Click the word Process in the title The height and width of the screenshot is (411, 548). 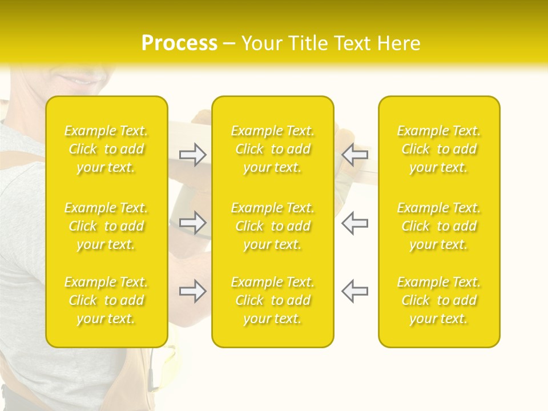pyautogui.click(x=179, y=43)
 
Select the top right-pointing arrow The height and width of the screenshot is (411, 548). pyautogui.click(x=193, y=155)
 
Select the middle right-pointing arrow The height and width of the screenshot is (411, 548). pyautogui.click(x=193, y=223)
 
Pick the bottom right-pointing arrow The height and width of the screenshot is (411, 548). pyautogui.click(x=193, y=291)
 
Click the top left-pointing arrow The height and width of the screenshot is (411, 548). pyautogui.click(x=355, y=155)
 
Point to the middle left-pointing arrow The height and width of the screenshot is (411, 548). pyautogui.click(x=355, y=223)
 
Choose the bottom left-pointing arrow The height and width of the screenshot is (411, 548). pyautogui.click(x=355, y=291)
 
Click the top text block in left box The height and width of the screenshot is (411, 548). pyautogui.click(x=106, y=149)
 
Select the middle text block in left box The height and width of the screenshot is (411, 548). pyautogui.click(x=106, y=226)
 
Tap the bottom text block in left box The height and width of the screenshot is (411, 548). pyautogui.click(x=106, y=300)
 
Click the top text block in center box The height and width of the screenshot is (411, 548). pyautogui.click(x=273, y=149)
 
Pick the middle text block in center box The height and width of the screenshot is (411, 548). pyautogui.click(x=273, y=226)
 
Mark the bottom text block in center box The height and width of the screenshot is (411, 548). pyautogui.click(x=273, y=300)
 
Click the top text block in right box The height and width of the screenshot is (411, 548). pyautogui.click(x=439, y=149)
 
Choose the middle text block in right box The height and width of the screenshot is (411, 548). pyautogui.click(x=439, y=226)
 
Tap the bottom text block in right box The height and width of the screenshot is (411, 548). pyautogui.click(x=439, y=300)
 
